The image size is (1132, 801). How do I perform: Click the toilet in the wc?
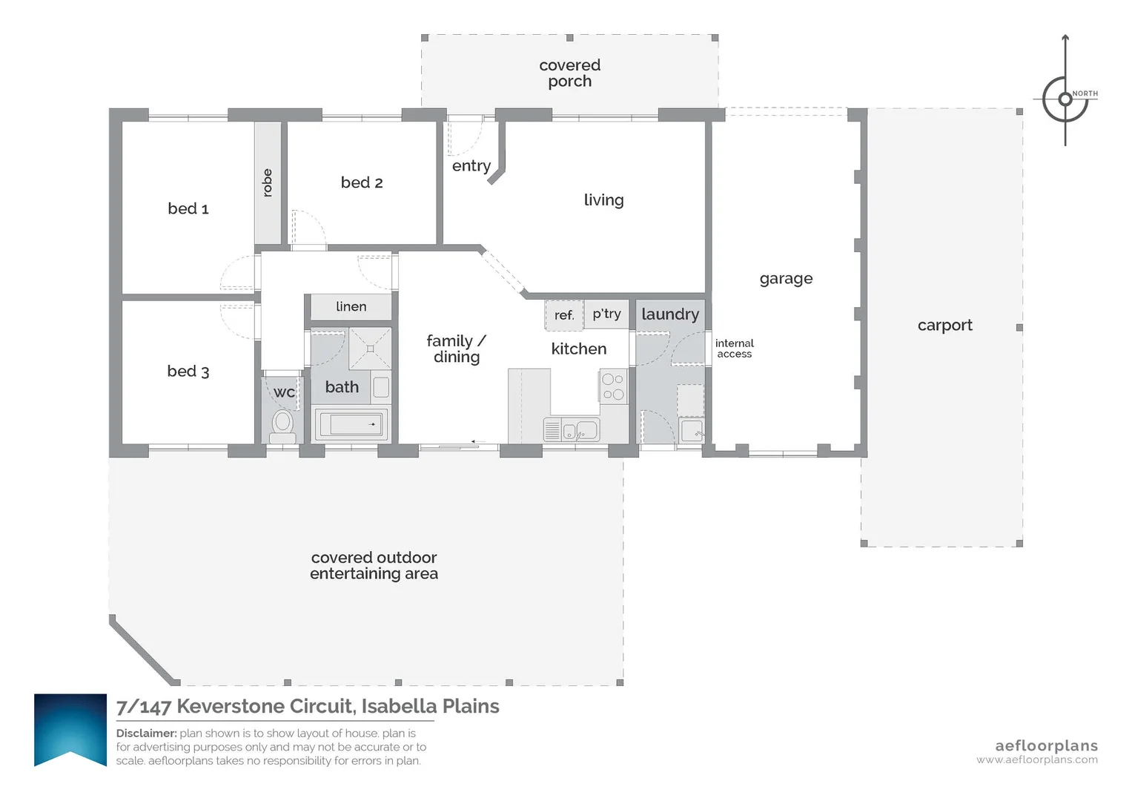coord(282,424)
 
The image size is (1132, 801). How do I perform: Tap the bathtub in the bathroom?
coord(352,425)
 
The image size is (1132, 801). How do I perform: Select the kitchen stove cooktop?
coord(613,386)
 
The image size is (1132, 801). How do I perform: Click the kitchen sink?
coord(577,430)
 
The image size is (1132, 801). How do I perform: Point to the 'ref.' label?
coord(564,315)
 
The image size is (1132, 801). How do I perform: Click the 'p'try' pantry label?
coord(606,314)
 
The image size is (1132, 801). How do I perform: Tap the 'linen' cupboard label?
coord(351,306)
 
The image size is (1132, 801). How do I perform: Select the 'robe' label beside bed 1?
coord(268,182)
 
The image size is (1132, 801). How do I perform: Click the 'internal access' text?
coord(734,349)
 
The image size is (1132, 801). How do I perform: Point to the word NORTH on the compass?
coord(1085,93)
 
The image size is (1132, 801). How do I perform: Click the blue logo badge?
coord(70,728)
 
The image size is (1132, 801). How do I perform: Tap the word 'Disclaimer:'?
coord(146,734)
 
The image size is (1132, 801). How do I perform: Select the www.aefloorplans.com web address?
coord(1036,760)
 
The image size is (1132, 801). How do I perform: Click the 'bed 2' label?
coord(362,182)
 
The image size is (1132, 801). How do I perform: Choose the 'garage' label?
coord(786,279)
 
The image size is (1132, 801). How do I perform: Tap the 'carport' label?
coord(944,325)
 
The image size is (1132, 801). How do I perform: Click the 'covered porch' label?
coord(569,73)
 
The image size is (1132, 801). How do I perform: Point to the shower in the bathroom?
coord(370,349)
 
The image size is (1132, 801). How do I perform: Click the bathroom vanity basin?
coord(381,387)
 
